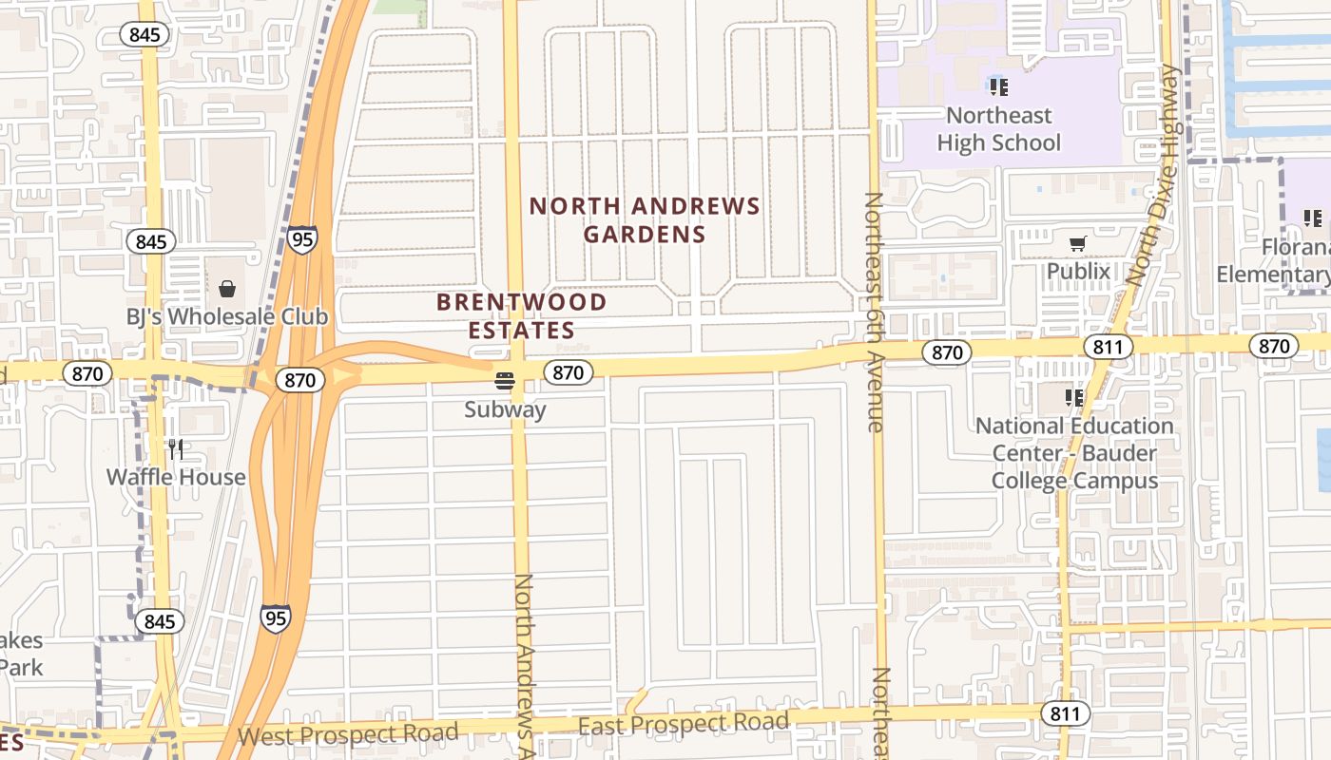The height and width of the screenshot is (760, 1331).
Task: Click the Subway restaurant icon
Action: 505,382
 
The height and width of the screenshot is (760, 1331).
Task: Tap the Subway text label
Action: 505,410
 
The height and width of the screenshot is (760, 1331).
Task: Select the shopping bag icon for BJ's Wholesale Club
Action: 227,289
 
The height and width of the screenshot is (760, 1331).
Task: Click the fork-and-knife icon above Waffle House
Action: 176,447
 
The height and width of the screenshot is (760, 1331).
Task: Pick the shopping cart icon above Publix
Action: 1077,244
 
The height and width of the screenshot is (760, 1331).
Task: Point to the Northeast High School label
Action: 998,129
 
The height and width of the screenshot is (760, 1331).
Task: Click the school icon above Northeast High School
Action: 998,87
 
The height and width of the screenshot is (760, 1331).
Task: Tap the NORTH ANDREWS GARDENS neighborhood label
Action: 645,219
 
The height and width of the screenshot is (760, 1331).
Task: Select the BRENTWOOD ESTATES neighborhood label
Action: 521,316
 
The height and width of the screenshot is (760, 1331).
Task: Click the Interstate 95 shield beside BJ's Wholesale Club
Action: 301,238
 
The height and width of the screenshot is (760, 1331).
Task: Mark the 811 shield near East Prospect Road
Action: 1065,712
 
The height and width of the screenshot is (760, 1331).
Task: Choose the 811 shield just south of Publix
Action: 1108,347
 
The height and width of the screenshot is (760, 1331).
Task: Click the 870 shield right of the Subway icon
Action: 568,372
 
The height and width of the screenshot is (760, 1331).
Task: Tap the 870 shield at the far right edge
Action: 1273,346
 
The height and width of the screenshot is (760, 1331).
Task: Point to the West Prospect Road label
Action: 348,734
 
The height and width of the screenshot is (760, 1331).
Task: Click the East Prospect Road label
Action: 684,724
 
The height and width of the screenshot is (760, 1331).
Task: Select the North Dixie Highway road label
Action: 1156,176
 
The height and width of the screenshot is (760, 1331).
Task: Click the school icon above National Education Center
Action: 1074,397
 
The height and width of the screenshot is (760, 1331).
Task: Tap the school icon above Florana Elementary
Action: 1313,218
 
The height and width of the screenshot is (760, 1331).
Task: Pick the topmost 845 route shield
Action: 145,35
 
